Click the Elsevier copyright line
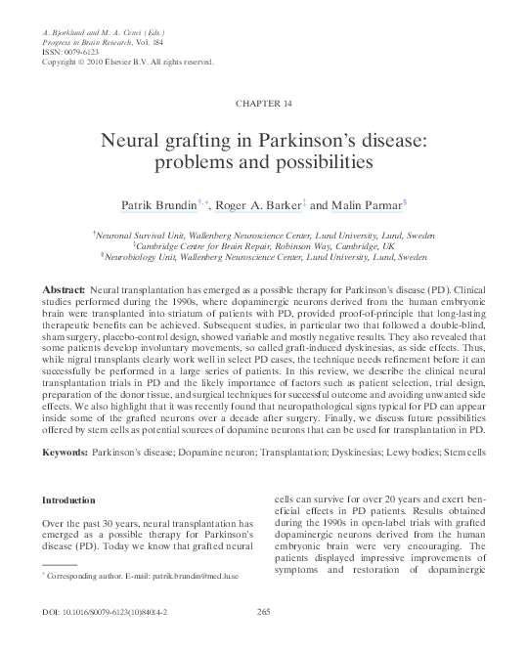(127, 63)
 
